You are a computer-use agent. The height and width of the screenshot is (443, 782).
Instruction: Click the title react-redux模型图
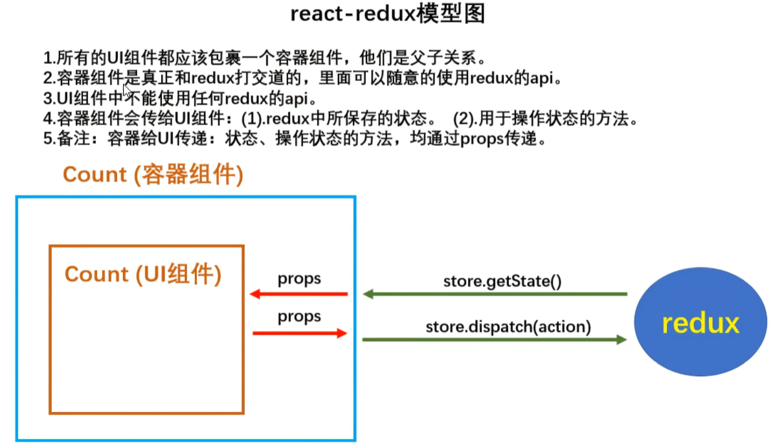pyautogui.click(x=388, y=14)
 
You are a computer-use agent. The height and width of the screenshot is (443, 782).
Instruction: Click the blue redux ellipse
pyautogui.click(x=700, y=322)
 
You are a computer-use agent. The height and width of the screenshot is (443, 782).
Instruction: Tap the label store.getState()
pyautogui.click(x=502, y=282)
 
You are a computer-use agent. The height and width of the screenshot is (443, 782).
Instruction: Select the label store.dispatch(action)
pyautogui.click(x=508, y=326)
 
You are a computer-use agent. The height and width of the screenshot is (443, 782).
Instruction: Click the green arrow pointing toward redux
pyautogui.click(x=495, y=339)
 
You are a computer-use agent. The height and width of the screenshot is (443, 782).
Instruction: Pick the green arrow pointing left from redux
pyautogui.click(x=495, y=294)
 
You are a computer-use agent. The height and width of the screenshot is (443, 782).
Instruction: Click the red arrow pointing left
pyautogui.click(x=298, y=295)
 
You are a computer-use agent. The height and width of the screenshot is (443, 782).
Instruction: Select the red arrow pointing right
pyautogui.click(x=300, y=333)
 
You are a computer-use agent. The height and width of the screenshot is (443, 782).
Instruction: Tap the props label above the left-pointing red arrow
pyautogui.click(x=300, y=279)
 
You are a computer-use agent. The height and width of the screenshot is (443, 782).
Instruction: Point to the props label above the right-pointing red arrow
pyautogui.click(x=300, y=317)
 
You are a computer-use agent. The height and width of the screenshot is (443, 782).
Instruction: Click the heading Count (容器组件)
pyautogui.click(x=153, y=175)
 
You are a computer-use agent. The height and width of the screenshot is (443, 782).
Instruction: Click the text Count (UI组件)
pyautogui.click(x=143, y=274)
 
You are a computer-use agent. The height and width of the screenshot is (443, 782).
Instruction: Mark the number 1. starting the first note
pyautogui.click(x=49, y=58)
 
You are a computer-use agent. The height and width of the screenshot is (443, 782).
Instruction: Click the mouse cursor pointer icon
pyautogui.click(x=128, y=90)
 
